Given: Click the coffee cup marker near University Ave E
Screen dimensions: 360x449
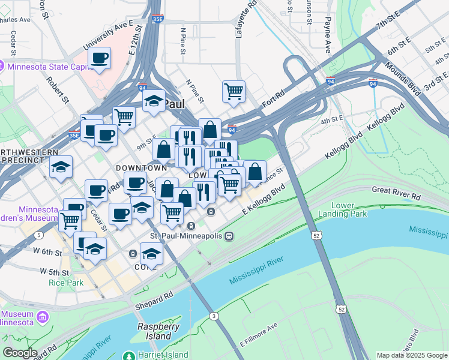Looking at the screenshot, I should click(100, 58).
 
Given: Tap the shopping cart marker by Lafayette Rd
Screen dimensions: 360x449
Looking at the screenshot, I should click(234, 92).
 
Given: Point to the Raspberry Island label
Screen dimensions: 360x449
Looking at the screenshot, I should click(158, 331).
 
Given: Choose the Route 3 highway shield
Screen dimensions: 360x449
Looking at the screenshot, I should click(213, 316).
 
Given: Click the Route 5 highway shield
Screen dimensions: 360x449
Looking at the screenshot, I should click(38, 235).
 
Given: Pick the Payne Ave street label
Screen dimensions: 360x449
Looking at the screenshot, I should click(328, 27).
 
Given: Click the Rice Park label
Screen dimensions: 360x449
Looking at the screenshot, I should click(66, 282).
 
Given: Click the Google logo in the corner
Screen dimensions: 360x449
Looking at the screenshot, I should click(20, 352).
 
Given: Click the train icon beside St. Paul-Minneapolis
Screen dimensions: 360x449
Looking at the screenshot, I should click(229, 236).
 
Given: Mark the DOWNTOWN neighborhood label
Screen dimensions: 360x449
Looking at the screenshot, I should click(141, 167).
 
